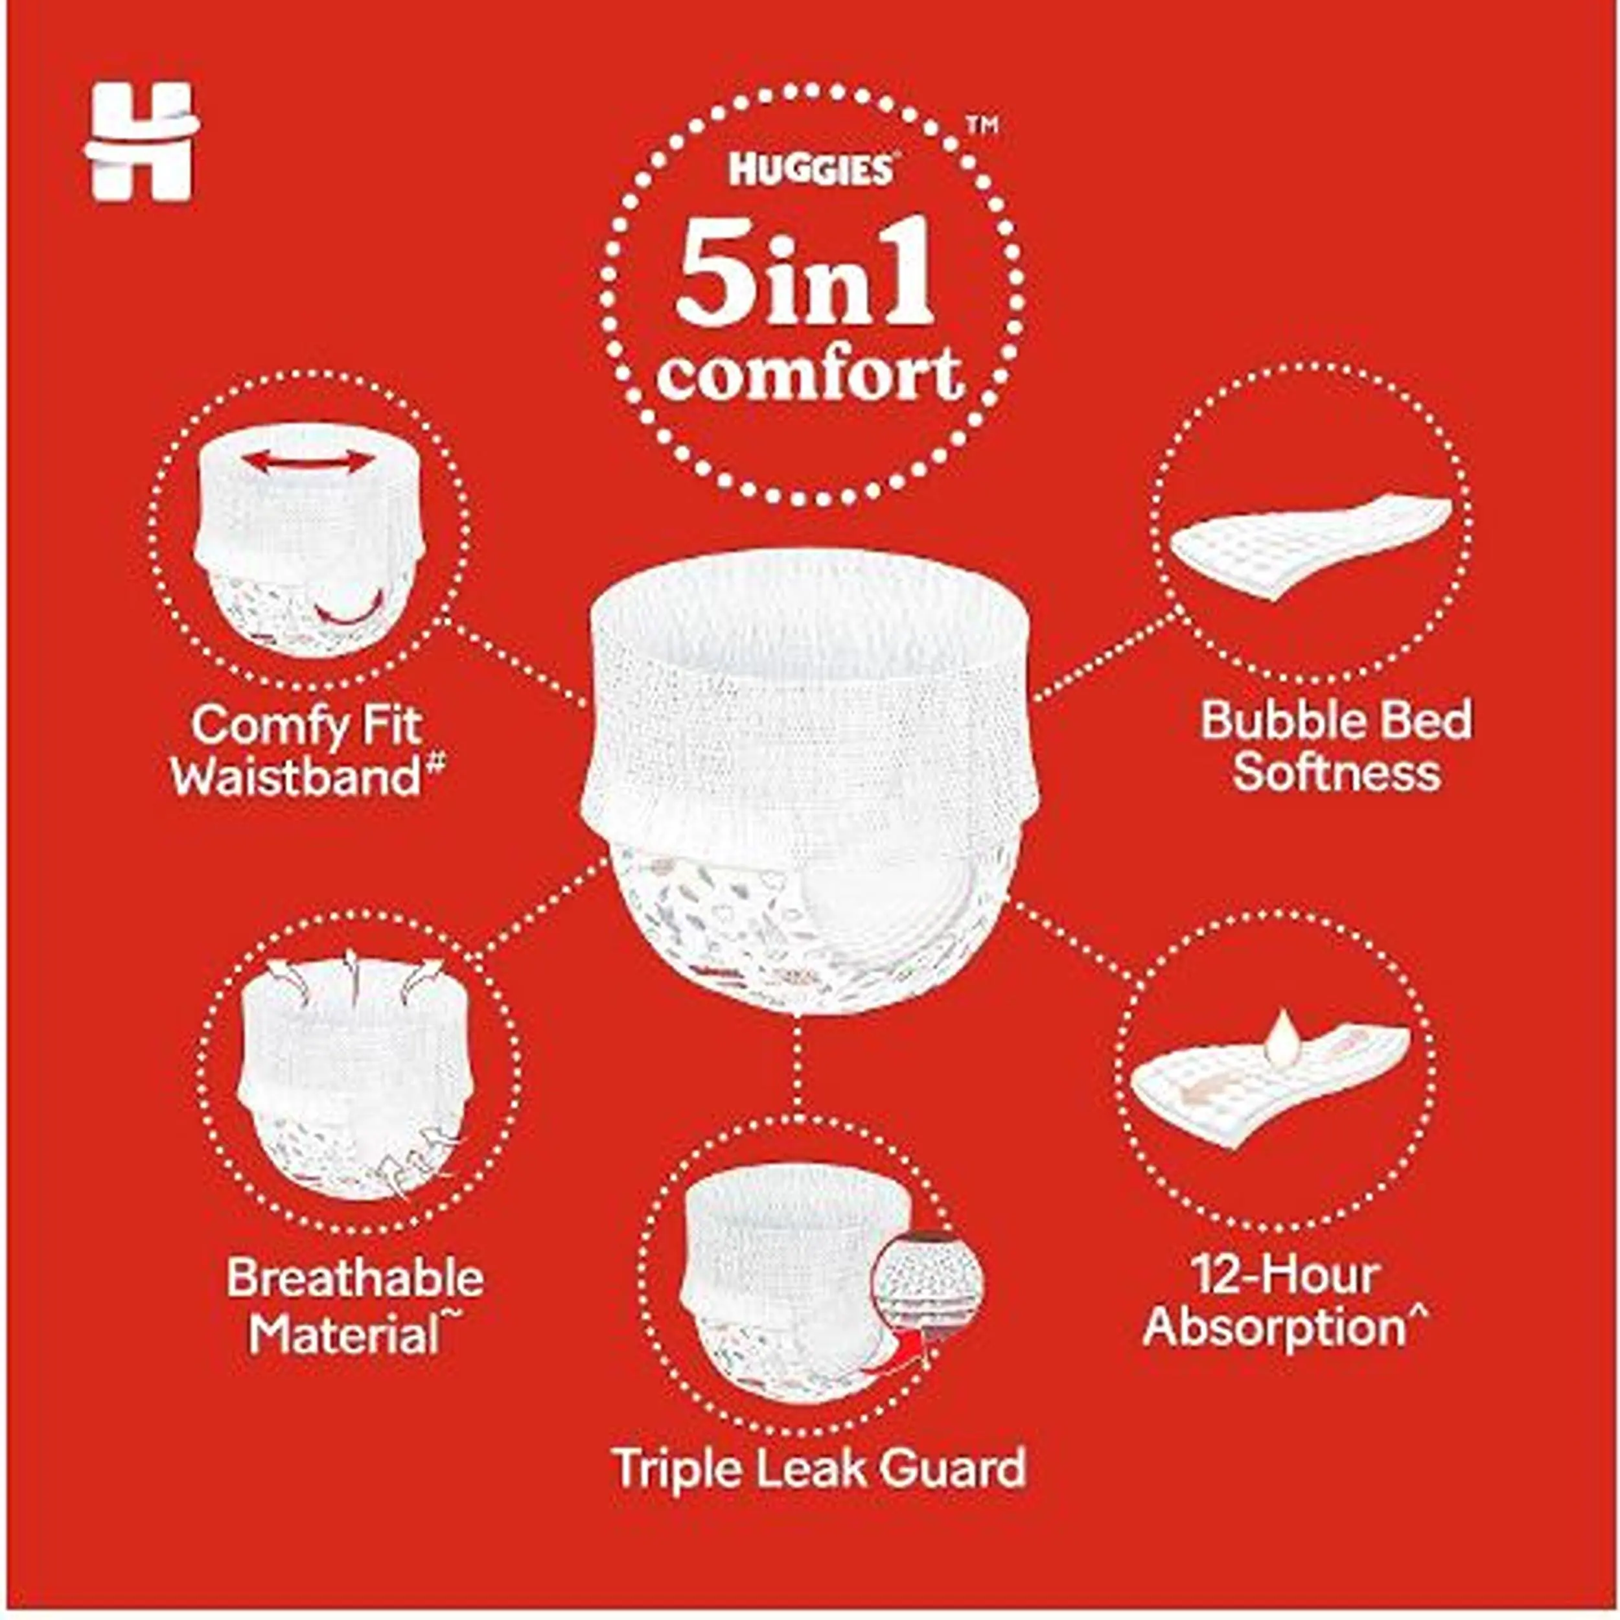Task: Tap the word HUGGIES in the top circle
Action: (810, 168)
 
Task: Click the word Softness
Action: (1337, 771)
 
